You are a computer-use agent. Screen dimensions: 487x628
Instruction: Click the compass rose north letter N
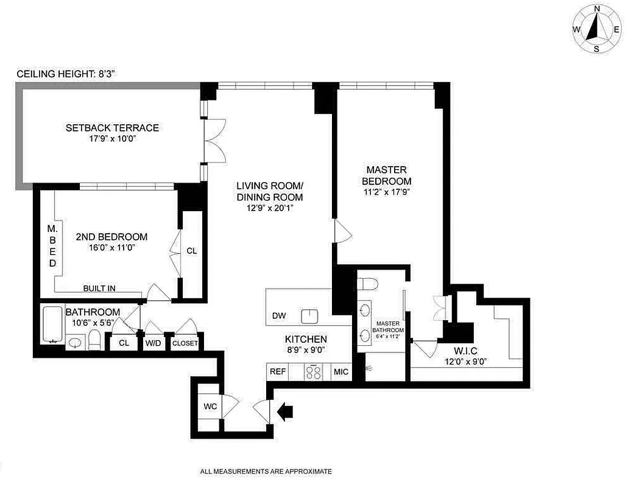[598, 9]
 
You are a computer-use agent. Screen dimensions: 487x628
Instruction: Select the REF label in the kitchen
[278, 371]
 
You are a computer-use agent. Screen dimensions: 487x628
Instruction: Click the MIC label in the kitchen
[340, 371]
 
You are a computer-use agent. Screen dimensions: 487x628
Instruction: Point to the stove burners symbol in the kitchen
[314, 372]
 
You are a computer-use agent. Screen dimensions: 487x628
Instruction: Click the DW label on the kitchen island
[279, 315]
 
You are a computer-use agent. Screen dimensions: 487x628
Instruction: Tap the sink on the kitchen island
[310, 315]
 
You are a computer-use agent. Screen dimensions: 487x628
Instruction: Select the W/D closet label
[153, 343]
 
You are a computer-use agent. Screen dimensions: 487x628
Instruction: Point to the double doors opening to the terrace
[214, 141]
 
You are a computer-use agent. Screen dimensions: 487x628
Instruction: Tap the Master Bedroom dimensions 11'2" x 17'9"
[386, 193]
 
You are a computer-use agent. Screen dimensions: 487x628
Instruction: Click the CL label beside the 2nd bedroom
[191, 251]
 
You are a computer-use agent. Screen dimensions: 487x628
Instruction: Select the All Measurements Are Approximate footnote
[266, 471]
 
